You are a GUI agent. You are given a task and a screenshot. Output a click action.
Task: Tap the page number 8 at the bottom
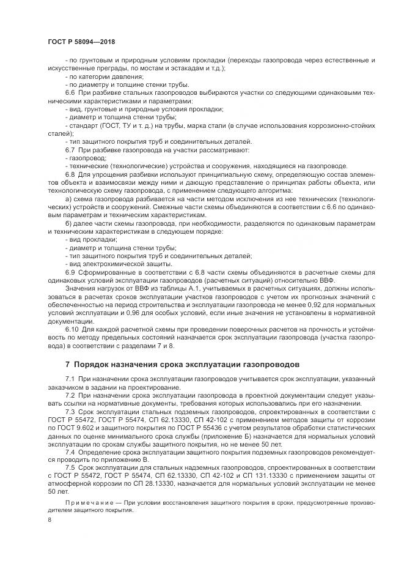coord(50,520)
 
